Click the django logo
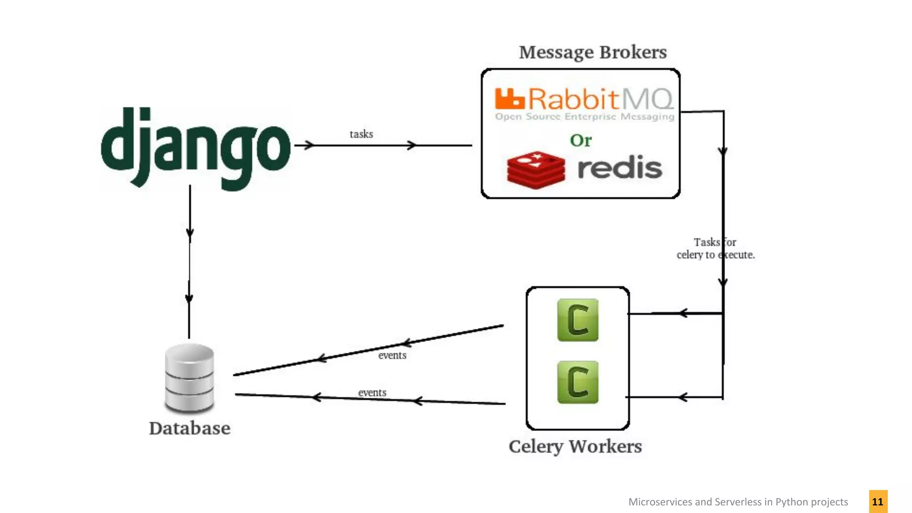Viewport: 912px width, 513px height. coord(196,147)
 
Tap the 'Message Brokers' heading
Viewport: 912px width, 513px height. coord(593,53)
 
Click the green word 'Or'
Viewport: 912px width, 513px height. coord(581,141)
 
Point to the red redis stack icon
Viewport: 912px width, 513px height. coord(536,170)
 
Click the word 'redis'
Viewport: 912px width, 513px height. coord(619,168)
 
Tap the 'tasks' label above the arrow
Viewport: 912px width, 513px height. coord(361,134)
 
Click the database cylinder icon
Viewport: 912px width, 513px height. coord(189,378)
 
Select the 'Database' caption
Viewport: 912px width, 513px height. coord(190,428)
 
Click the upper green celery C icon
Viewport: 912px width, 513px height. coord(578,320)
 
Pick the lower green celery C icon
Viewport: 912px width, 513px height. coord(578,382)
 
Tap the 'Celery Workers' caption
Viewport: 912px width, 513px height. coord(575,447)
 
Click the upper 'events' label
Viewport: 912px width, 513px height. coord(392,355)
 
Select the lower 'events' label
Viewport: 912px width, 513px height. coord(372,393)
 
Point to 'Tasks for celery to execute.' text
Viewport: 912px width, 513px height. coord(715,248)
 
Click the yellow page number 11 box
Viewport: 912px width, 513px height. coord(878,502)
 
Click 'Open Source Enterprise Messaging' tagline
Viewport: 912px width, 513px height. coord(585,117)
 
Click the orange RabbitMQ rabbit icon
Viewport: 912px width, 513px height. coord(509,98)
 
